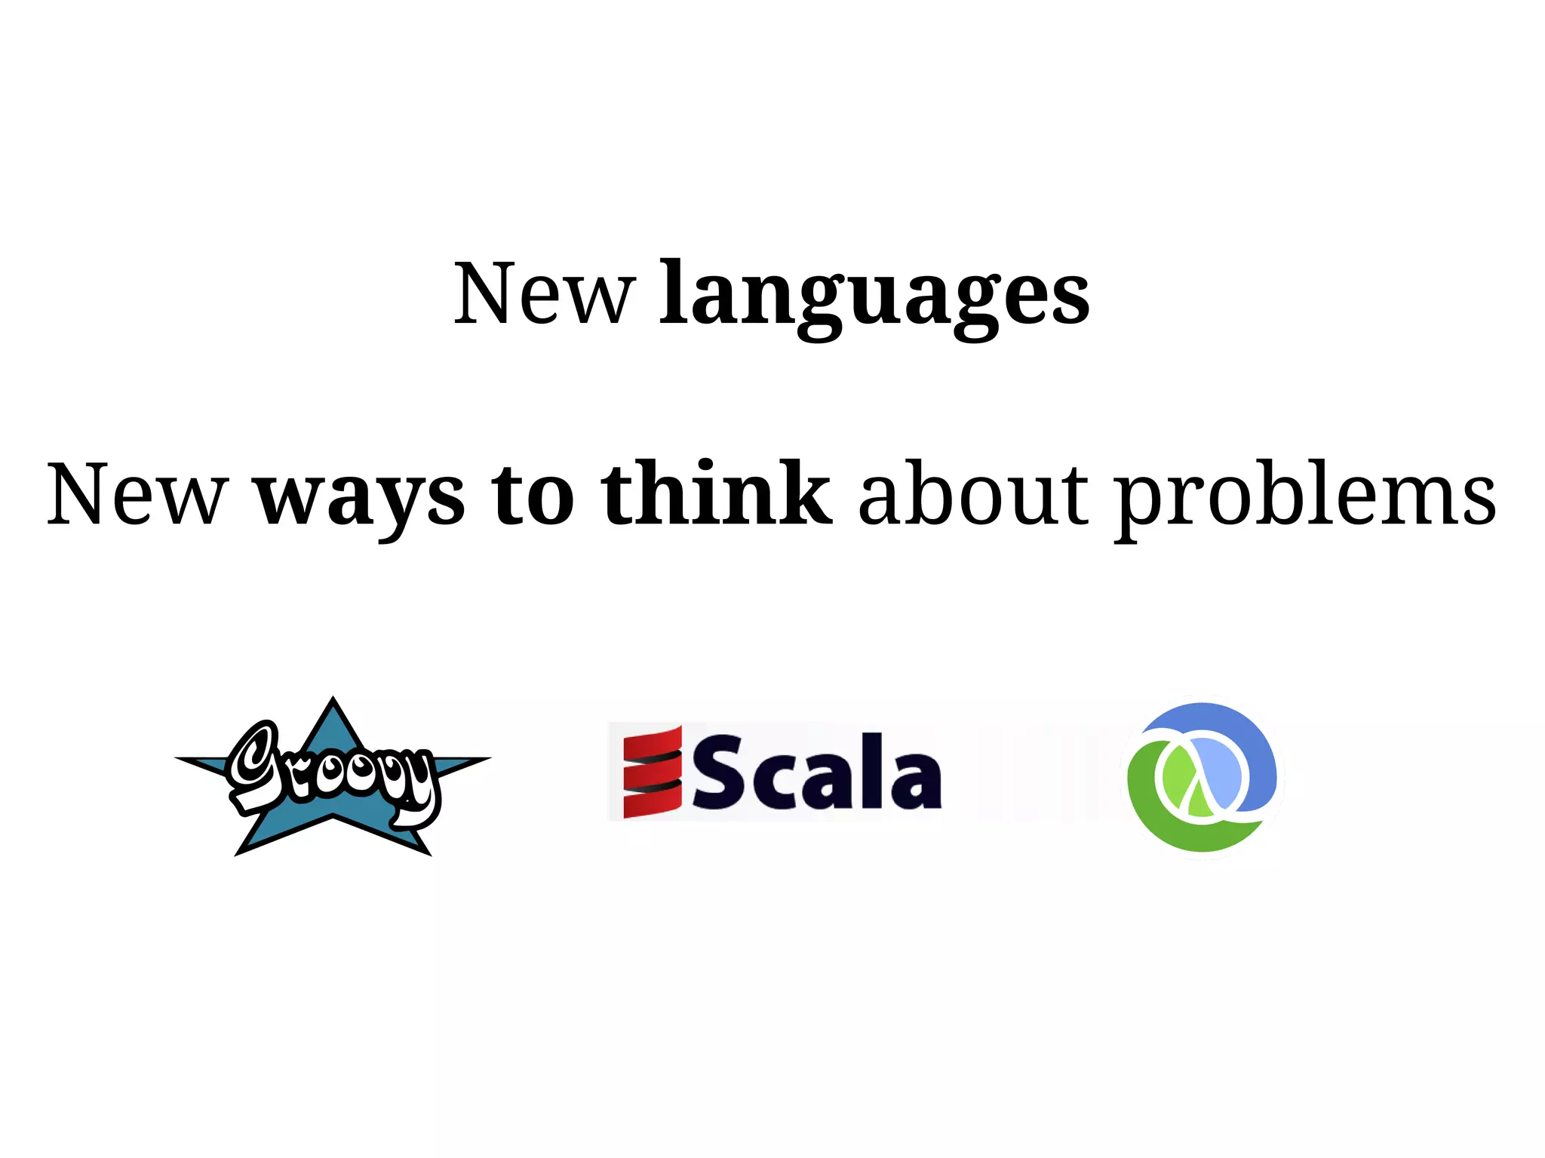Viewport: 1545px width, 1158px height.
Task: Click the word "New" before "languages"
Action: [x=544, y=294]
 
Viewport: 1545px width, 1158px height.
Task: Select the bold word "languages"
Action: [x=874, y=296]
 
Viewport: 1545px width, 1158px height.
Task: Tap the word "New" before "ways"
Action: [x=137, y=495]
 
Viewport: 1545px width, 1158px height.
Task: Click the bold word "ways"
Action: [x=361, y=498]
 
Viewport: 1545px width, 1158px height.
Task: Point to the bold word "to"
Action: [x=533, y=495]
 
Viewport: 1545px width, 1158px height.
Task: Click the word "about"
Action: [x=974, y=495]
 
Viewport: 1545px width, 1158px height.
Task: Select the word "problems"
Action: [x=1306, y=498]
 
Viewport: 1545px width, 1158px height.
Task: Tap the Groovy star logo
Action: [x=333, y=777]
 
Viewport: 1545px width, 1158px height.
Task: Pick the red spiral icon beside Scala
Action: [x=653, y=771]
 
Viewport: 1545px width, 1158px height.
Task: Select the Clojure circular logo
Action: [x=1203, y=777]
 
